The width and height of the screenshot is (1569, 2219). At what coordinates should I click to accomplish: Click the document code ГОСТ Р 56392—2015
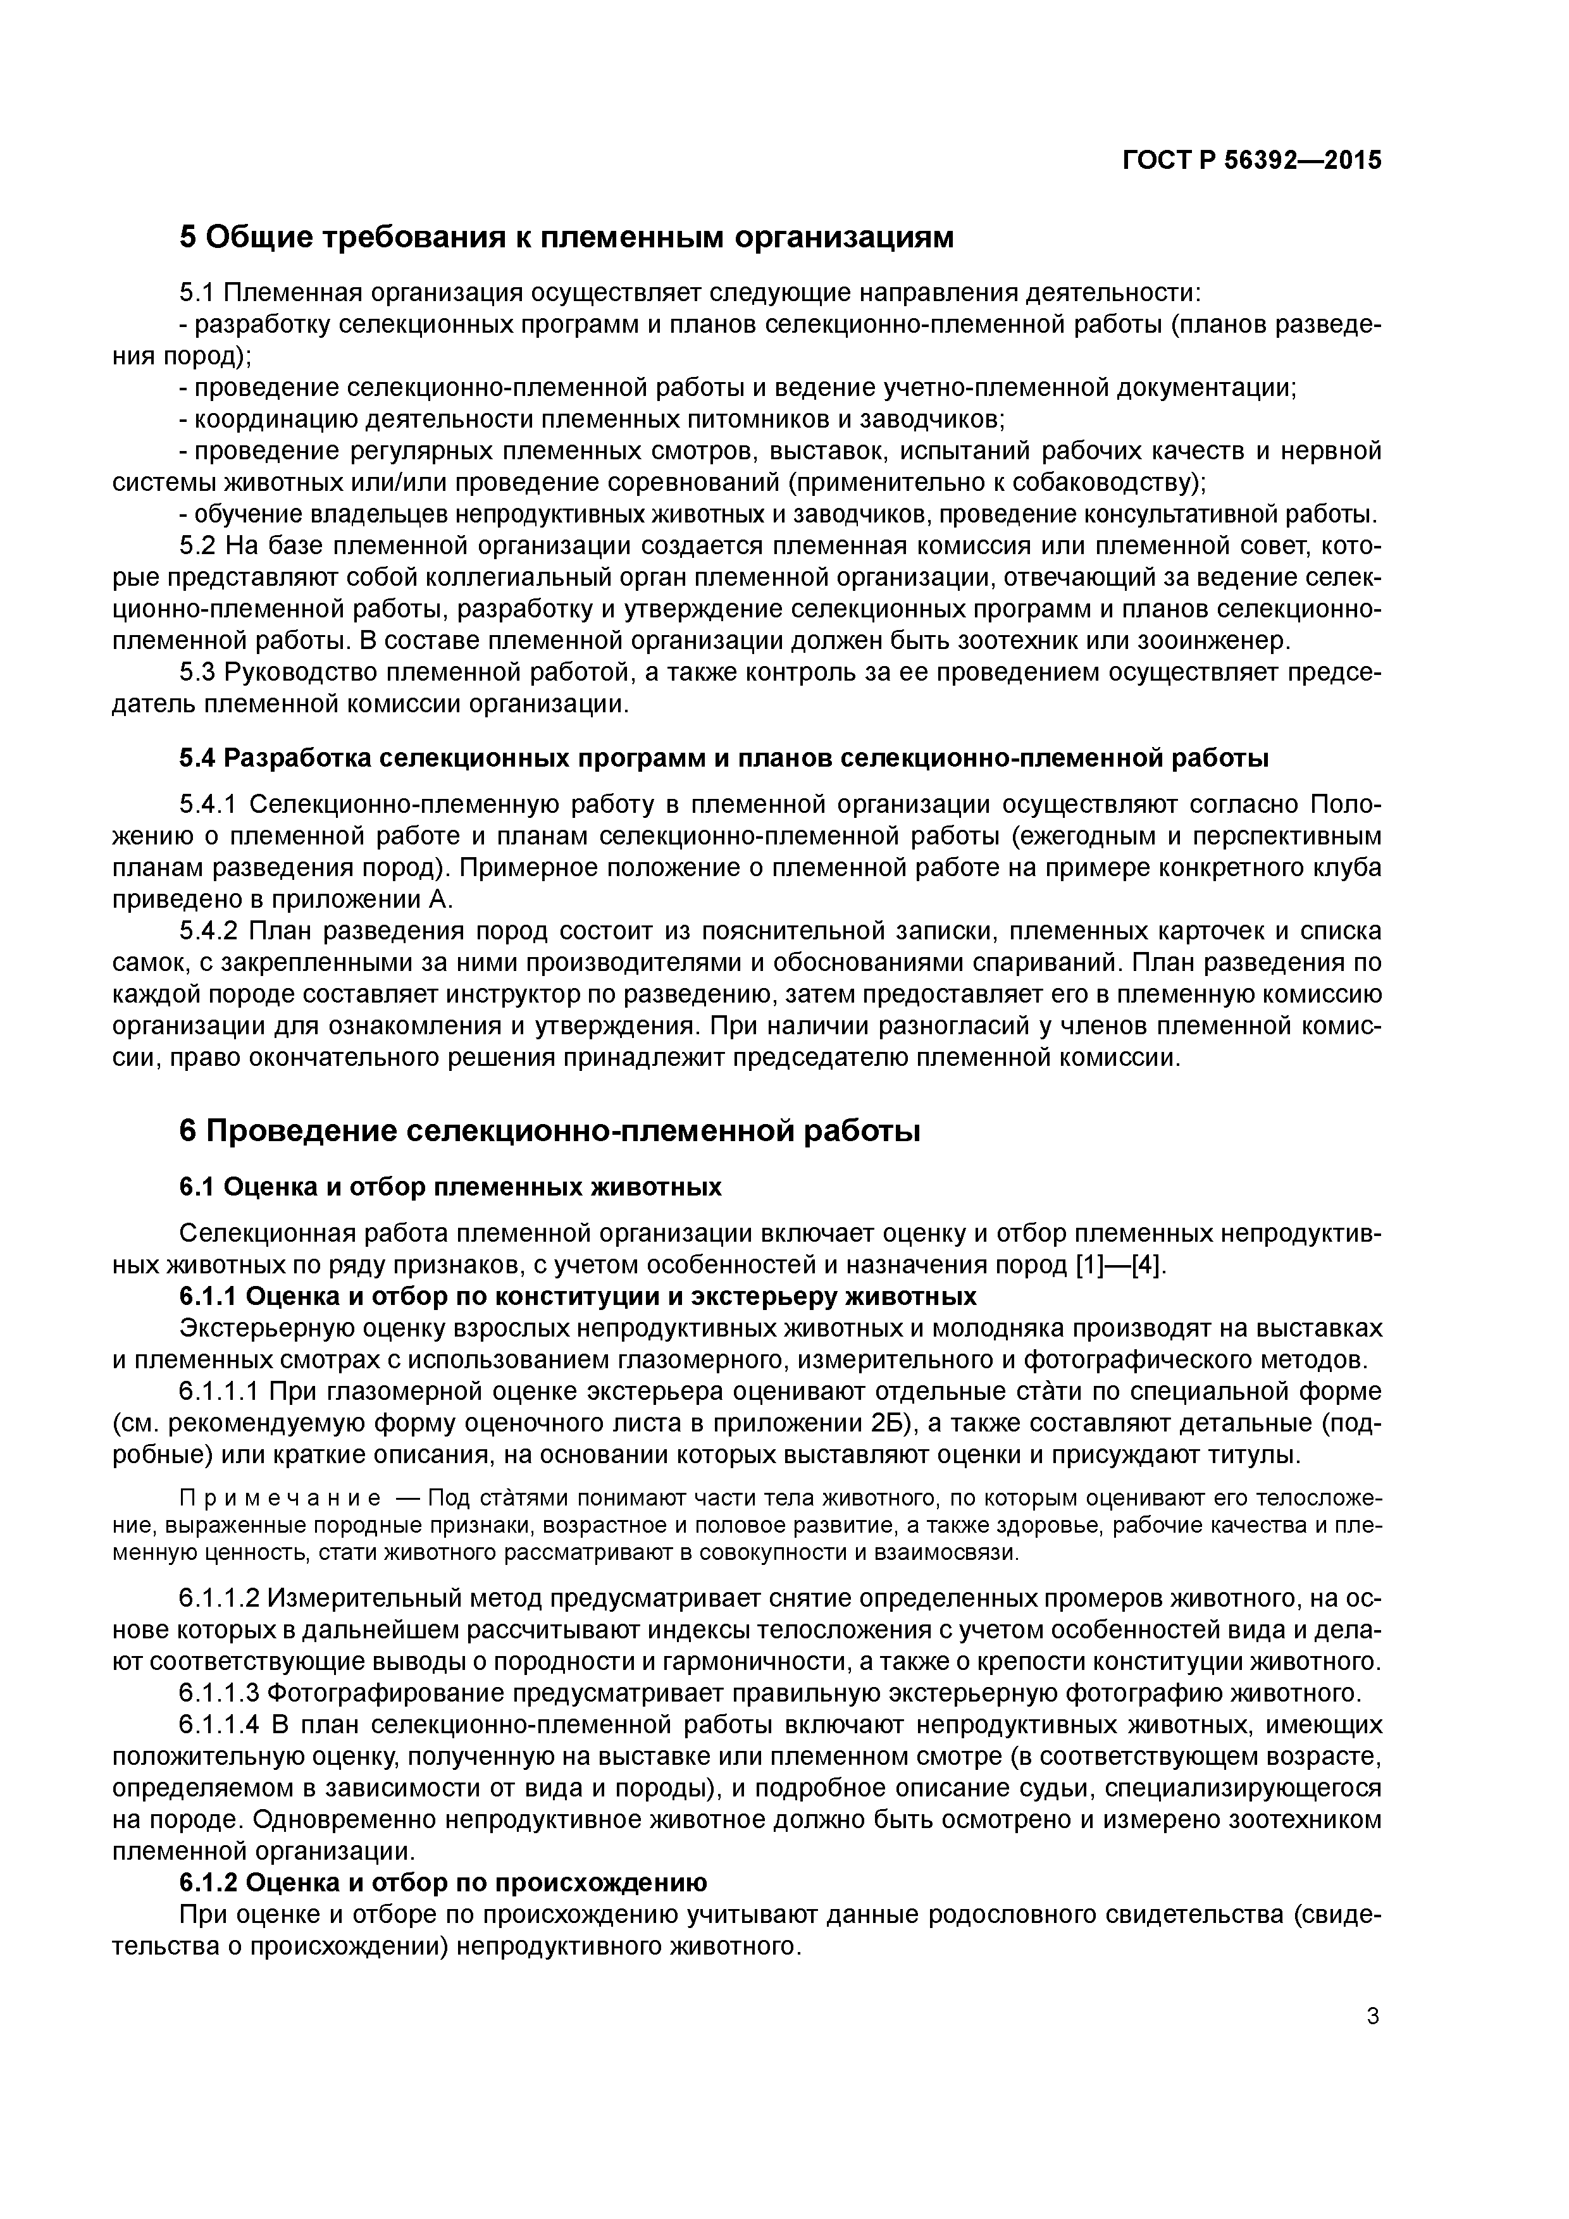coord(1252,161)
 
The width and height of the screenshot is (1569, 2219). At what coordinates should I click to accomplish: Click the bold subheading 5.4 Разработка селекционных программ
coord(723,758)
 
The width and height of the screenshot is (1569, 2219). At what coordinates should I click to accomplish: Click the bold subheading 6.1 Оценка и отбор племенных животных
coord(450,1186)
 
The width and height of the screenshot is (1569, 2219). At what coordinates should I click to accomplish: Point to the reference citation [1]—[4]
coord(1120,1265)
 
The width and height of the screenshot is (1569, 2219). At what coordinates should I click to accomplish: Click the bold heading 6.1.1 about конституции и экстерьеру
coord(577,1296)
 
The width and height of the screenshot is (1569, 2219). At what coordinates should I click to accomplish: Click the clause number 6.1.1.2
coord(220,1598)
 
